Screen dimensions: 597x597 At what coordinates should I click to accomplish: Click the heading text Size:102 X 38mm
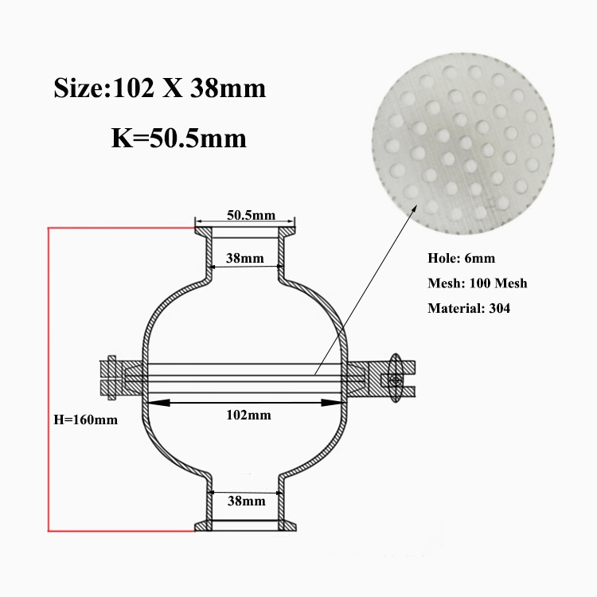(159, 88)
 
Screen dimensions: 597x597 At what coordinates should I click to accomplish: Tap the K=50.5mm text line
(179, 138)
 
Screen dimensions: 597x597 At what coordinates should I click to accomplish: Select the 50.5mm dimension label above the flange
(251, 215)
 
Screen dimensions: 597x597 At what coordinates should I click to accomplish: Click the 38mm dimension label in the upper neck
(245, 258)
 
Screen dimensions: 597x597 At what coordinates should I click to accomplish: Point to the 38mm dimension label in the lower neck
(246, 501)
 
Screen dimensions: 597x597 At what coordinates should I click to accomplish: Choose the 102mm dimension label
(248, 415)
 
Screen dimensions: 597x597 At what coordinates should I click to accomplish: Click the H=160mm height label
(86, 419)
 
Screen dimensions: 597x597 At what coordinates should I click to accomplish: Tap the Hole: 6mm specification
(461, 258)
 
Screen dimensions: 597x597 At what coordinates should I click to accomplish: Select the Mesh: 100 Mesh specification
(478, 283)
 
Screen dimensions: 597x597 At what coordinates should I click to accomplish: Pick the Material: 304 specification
(469, 308)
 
